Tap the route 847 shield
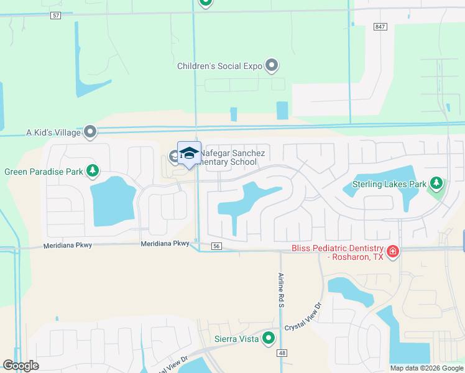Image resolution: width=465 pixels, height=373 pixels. (x=380, y=27)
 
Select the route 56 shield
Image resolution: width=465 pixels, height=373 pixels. (x=216, y=246)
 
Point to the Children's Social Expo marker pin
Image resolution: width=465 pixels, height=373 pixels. (x=272, y=65)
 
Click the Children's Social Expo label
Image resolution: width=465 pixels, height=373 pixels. (x=219, y=65)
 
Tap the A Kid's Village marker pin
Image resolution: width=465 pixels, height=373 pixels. (x=91, y=131)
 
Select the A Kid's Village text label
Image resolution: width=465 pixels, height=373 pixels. (x=53, y=132)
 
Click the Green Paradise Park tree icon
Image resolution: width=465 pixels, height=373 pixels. (x=93, y=170)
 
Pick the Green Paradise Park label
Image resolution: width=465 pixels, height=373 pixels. (x=44, y=171)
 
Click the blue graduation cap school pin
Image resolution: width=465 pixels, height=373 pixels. (x=189, y=154)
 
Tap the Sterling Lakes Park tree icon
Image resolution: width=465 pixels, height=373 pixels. (x=437, y=183)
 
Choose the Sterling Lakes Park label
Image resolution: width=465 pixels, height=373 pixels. (x=390, y=184)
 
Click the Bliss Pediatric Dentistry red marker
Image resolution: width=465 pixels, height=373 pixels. (x=393, y=252)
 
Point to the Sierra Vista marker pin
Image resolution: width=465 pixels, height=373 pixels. (x=269, y=338)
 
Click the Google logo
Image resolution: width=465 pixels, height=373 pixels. (x=21, y=366)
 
